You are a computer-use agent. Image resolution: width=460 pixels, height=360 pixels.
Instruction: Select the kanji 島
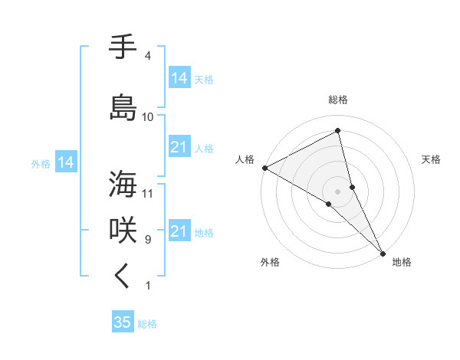click(x=123, y=107)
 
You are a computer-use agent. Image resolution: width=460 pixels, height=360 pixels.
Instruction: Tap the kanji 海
click(x=123, y=184)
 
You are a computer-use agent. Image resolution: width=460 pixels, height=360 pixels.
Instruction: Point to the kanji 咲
click(x=123, y=231)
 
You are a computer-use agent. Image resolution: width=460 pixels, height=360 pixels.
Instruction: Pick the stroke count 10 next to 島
click(x=148, y=117)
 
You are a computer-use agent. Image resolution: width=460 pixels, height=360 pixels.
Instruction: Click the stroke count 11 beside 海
click(x=148, y=193)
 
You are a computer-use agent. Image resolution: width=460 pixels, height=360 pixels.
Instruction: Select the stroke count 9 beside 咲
click(x=148, y=240)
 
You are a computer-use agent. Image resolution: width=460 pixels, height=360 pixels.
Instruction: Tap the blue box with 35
click(x=123, y=322)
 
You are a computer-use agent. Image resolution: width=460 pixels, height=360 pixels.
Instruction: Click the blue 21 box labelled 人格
click(x=179, y=147)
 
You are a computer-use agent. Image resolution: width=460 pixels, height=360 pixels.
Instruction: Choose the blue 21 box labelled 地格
click(x=179, y=231)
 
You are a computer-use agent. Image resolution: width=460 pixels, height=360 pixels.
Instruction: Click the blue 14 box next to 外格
click(x=64, y=162)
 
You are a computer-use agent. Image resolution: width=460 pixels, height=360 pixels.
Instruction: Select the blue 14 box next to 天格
click(x=179, y=78)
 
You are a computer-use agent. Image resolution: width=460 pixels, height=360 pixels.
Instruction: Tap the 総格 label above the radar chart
click(x=338, y=100)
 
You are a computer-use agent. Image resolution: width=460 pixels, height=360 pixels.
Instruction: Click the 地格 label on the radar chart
click(x=402, y=262)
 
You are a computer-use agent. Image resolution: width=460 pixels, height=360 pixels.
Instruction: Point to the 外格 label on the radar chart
click(x=270, y=262)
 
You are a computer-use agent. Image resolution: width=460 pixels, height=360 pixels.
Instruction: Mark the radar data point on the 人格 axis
click(x=264, y=168)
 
